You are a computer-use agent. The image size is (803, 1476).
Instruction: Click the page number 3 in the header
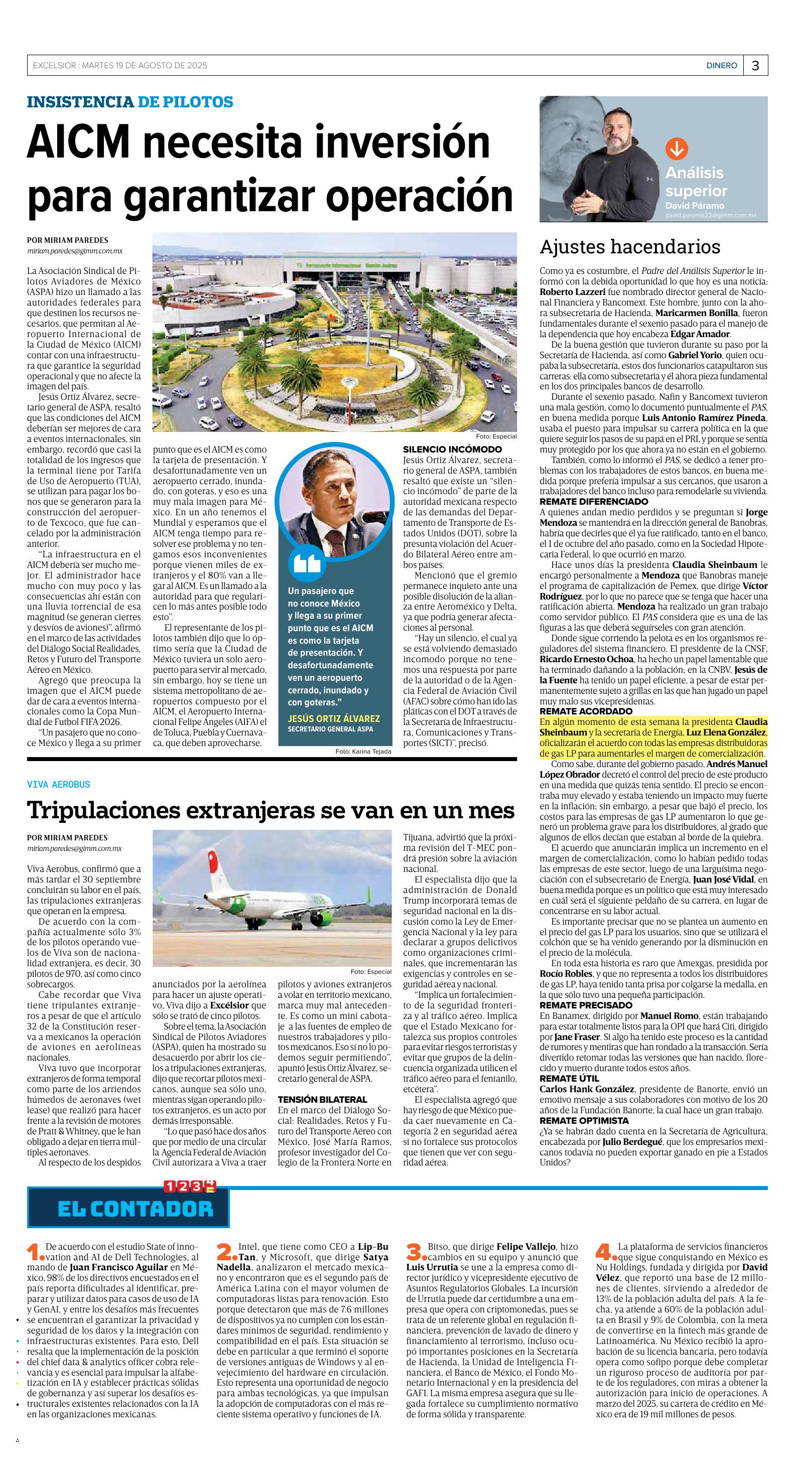point(755,66)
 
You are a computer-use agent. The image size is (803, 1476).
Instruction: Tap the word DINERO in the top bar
point(721,66)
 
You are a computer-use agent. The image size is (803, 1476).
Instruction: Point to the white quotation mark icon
point(307,563)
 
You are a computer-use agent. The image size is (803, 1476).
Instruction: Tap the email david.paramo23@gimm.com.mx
point(711,215)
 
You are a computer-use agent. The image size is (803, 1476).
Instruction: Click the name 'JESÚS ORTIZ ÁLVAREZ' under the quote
point(334,718)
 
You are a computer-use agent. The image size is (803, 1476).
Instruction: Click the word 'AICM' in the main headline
point(84,143)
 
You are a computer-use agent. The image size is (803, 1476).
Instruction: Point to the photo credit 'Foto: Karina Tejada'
point(363,751)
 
